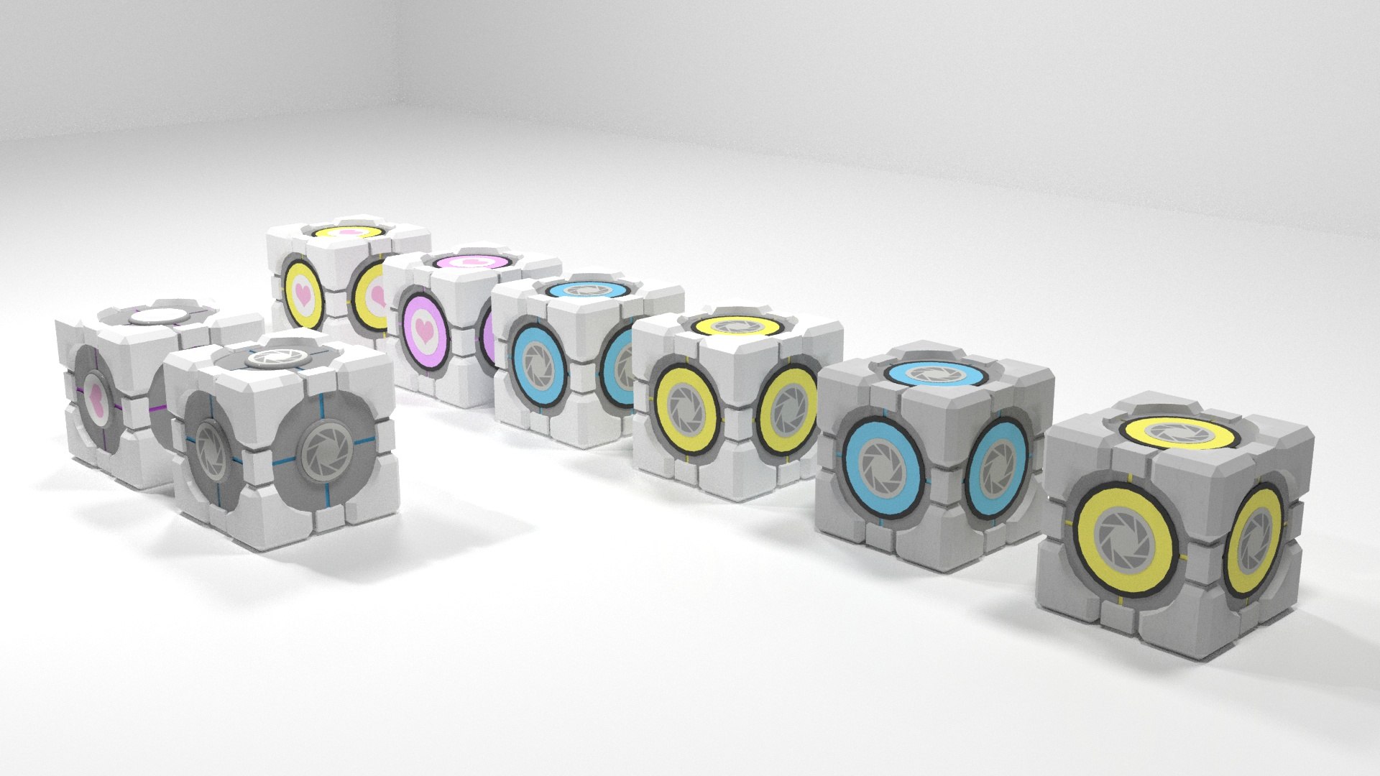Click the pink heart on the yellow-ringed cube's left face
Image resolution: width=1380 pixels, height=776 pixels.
(304, 294)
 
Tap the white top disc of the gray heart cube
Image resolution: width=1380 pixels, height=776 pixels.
(160, 315)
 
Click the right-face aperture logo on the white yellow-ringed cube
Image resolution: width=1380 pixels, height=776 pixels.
(788, 410)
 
